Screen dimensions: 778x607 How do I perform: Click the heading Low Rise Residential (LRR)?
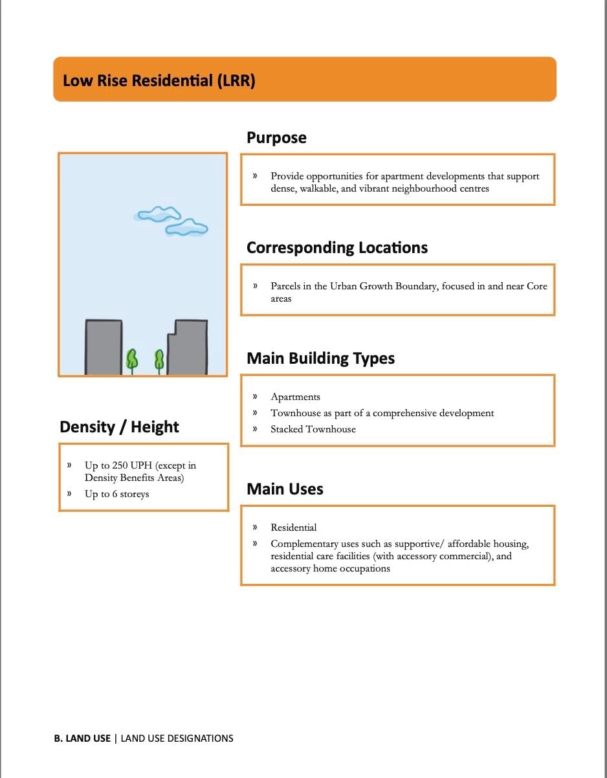coord(159,81)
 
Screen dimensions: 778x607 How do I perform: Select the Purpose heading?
coord(276,138)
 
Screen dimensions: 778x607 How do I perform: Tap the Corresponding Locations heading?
coord(337,248)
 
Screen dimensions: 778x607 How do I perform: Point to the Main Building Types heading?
coord(320,359)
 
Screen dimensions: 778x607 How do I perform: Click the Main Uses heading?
coord(285,489)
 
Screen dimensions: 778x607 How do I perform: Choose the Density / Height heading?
coord(119,427)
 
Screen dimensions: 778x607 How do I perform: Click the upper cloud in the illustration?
coord(157,214)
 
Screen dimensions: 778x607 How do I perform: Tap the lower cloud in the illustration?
coord(186,228)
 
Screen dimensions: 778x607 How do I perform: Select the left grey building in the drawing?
coord(104,347)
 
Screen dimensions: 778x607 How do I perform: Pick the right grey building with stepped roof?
coord(188,348)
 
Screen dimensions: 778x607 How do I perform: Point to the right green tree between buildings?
coord(159,360)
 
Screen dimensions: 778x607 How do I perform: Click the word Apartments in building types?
coord(295,397)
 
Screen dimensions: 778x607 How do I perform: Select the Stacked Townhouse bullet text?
coord(313,429)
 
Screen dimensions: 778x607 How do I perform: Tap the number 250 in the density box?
coord(121,465)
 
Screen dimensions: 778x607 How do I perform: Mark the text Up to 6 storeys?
coord(116,495)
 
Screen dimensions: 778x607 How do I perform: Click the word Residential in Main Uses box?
coord(294,528)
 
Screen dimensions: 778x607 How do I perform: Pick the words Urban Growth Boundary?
coord(383,286)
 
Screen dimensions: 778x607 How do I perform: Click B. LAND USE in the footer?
coord(82,738)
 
